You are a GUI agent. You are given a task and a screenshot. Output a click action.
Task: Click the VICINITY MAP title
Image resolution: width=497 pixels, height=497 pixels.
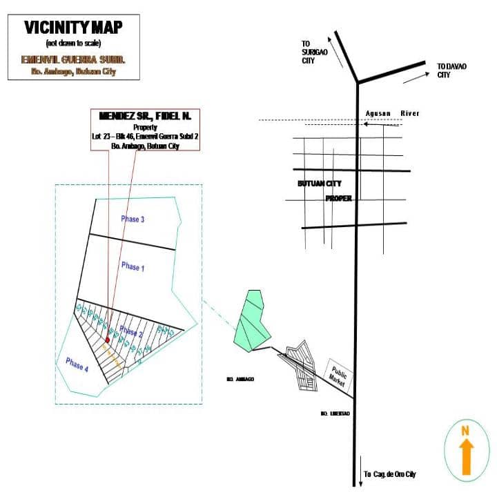click(73, 28)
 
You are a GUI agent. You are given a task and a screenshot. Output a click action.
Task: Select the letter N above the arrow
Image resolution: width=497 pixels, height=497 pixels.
click(465, 431)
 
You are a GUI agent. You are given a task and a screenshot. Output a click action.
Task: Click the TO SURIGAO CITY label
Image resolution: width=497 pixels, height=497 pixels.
click(308, 52)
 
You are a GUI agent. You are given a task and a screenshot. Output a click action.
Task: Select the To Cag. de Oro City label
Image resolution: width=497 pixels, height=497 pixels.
click(390, 474)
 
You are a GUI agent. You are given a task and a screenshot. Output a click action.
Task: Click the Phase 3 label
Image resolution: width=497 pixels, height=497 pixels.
click(133, 220)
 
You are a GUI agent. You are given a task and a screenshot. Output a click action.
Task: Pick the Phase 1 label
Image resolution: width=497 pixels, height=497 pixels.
click(133, 266)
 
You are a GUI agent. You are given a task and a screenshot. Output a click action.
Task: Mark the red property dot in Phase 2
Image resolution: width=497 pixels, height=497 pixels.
click(107, 340)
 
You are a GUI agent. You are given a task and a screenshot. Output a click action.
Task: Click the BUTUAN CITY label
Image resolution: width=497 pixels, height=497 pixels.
click(319, 184)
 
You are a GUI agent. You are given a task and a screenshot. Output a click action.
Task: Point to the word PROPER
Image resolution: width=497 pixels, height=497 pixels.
click(339, 198)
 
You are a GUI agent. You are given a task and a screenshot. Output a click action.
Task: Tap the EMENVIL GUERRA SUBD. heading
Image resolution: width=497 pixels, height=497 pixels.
click(73, 60)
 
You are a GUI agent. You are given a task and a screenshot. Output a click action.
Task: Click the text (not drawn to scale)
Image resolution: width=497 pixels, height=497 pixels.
click(73, 43)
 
